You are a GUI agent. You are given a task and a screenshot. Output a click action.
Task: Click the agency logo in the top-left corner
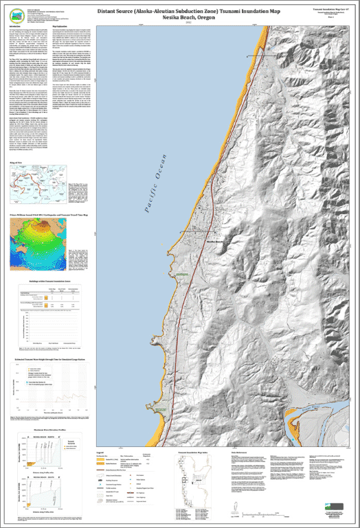pyautogui.click(x=19, y=12)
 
